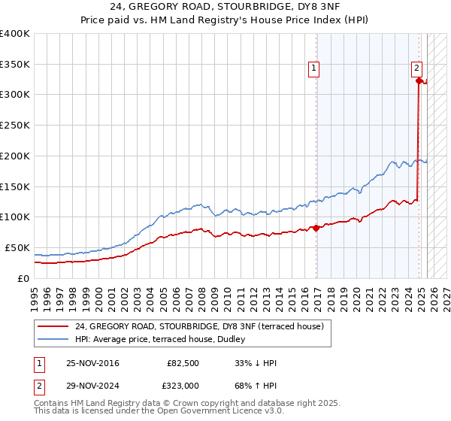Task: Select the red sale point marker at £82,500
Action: pos(316,227)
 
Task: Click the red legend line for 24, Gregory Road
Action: pos(53,326)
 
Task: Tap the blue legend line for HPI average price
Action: pos(53,339)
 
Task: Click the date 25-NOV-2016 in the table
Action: pos(92,363)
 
